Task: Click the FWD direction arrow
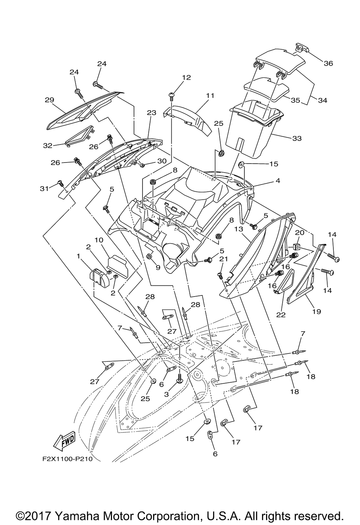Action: tap(64, 440)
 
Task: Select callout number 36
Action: tap(328, 63)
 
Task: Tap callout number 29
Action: tap(49, 100)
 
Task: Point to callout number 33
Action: tap(297, 138)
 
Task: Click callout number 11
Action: tap(210, 95)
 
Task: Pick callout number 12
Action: tap(186, 77)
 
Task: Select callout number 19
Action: tap(316, 311)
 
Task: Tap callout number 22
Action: tap(281, 315)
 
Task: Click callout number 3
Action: tap(166, 394)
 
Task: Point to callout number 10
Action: tap(99, 240)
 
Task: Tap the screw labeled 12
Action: tap(171, 96)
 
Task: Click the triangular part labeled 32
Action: tap(79, 136)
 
